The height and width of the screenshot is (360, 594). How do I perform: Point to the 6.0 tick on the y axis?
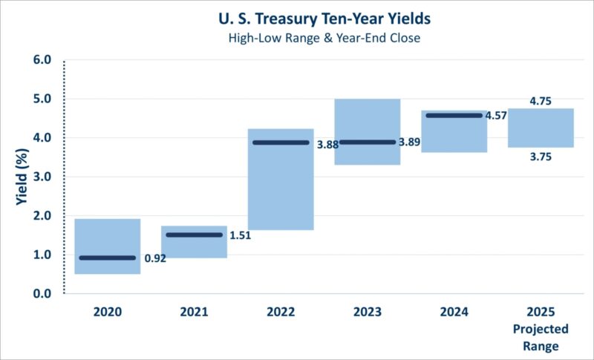[42, 59]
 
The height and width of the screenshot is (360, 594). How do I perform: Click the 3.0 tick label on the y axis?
[42, 177]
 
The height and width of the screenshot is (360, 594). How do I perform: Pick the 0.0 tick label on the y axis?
[42, 294]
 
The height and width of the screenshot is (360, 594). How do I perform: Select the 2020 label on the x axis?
[108, 312]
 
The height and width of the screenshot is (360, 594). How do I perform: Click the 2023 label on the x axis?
[368, 312]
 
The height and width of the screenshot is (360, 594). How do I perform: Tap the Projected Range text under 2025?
[541, 337]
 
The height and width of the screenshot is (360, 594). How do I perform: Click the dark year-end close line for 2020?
[108, 258]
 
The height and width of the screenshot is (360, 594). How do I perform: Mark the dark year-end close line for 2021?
[194, 235]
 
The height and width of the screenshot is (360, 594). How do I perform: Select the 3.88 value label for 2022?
[327, 145]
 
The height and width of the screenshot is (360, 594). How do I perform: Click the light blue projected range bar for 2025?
[541, 128]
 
